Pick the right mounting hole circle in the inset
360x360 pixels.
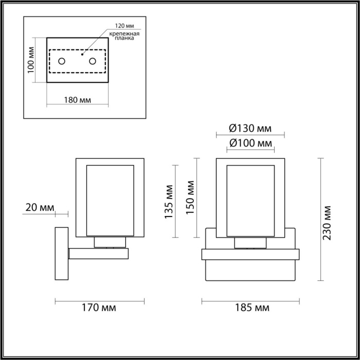coord(93,62)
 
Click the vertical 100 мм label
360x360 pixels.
coord(31,59)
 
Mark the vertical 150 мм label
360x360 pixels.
coord(190,199)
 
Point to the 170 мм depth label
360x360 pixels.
coord(99,308)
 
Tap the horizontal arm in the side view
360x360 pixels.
coord(98,253)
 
